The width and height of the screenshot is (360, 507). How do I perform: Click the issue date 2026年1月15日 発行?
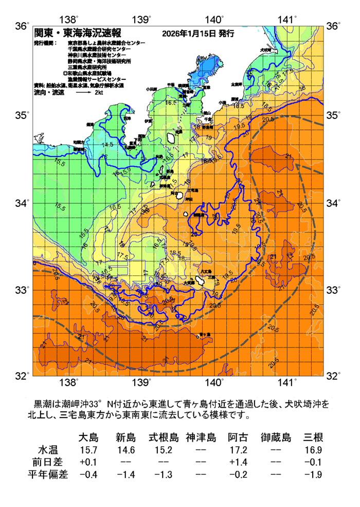tap(197, 33)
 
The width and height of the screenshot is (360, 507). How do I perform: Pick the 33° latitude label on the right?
tap(334, 290)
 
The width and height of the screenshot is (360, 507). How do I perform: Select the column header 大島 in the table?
tap(88, 438)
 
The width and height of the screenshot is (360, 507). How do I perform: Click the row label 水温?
tap(48, 450)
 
